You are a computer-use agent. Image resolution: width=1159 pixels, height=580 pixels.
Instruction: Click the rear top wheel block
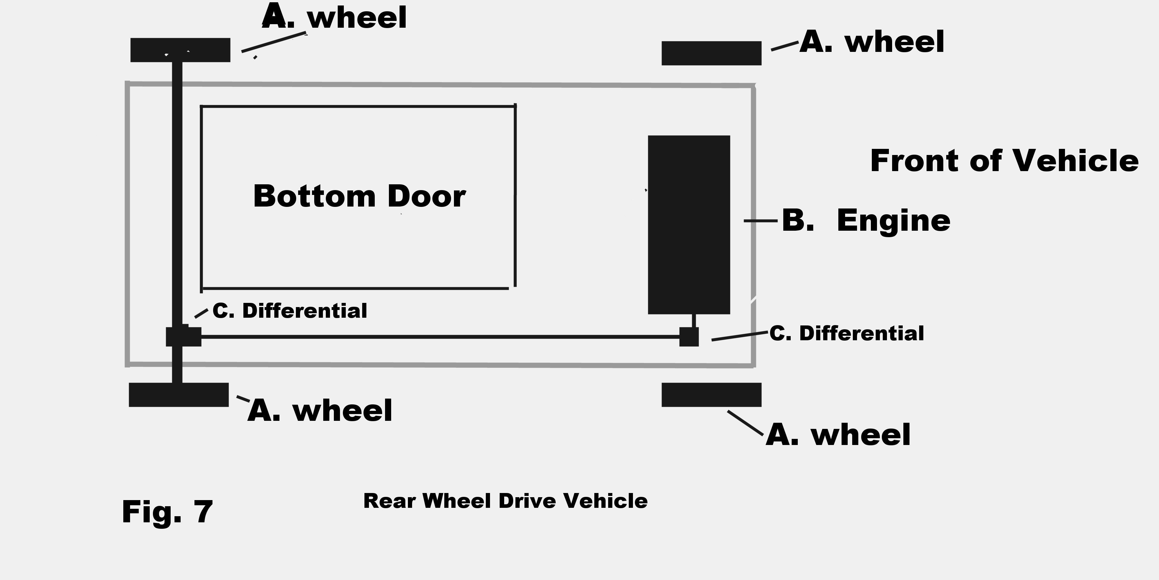pos(180,50)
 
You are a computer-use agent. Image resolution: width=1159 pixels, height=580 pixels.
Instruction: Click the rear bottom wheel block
pos(179,395)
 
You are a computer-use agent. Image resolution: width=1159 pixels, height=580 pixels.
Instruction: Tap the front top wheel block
pos(711,53)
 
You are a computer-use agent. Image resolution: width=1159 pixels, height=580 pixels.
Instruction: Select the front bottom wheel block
pos(711,395)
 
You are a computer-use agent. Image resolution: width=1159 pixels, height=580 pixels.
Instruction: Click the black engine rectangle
pos(689,224)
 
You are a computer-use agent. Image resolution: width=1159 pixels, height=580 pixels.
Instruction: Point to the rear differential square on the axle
pos(184,336)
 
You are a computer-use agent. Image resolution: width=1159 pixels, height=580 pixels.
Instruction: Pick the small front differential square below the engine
pos(689,337)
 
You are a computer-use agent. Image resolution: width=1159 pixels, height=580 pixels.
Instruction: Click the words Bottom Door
pos(359,196)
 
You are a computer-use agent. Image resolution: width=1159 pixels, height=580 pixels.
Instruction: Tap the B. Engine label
pos(866,221)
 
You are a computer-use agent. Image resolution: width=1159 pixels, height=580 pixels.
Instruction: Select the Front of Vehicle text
pos(1004,161)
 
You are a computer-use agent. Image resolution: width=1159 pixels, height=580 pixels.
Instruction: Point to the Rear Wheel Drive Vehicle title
pos(505,501)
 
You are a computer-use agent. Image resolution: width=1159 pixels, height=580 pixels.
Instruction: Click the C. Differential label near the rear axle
pos(290,311)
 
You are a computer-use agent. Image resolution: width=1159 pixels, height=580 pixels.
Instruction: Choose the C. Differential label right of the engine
pos(846,333)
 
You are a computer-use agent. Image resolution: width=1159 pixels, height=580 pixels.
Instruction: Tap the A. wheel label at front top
pos(872,42)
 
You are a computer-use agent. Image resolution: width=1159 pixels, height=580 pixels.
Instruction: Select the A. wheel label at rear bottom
pos(320,411)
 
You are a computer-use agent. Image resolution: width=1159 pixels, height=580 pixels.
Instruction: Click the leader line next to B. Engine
pos(760,221)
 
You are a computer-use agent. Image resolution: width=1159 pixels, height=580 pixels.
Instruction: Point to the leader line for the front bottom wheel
pos(745,423)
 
